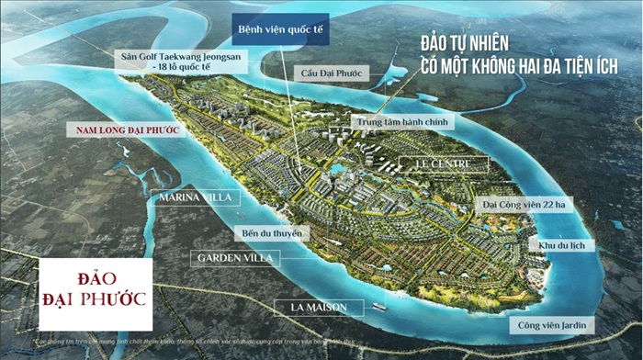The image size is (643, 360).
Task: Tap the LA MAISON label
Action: pyautogui.click(x=322, y=306)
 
